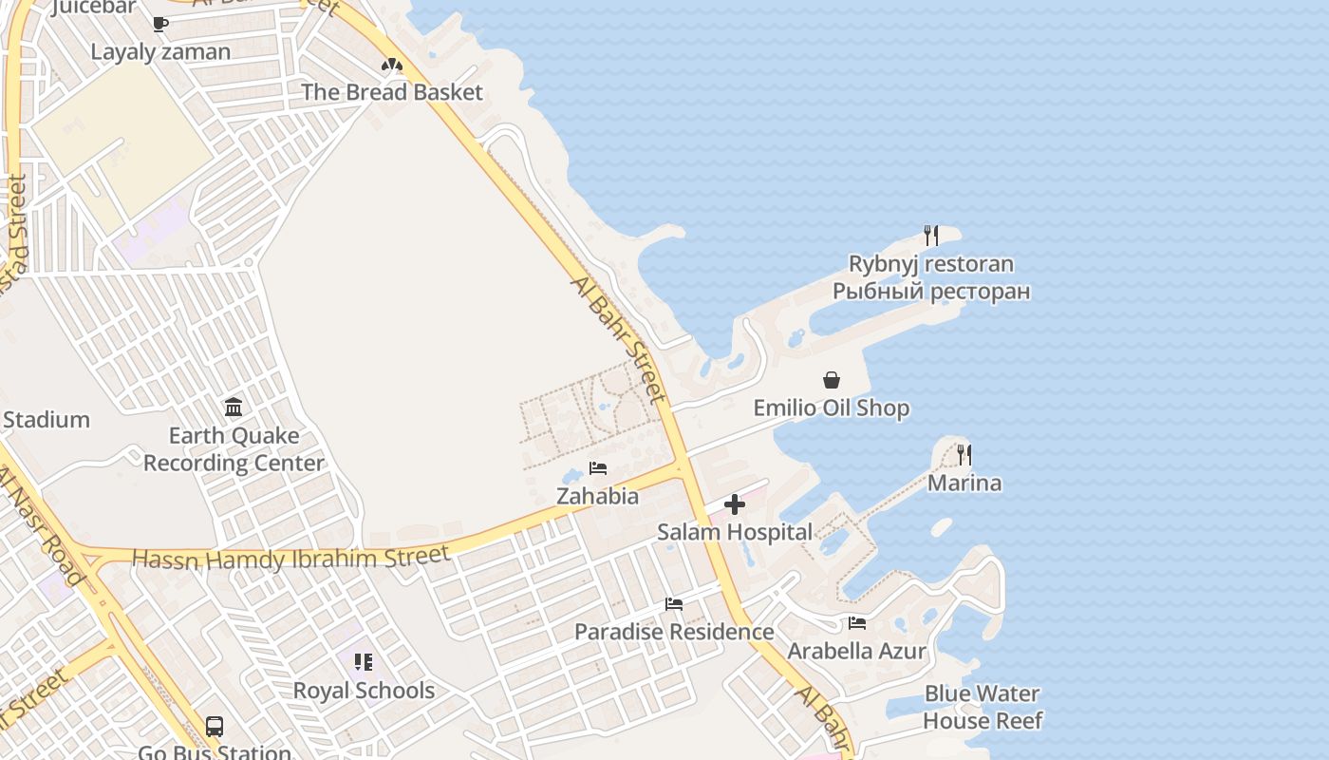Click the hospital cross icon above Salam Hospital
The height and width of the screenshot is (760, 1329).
pyautogui.click(x=735, y=505)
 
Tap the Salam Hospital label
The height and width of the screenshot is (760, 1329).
pyautogui.click(x=735, y=532)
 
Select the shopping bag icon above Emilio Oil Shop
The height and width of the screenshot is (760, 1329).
pyautogui.click(x=832, y=380)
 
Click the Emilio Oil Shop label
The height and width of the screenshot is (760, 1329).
pyautogui.click(x=832, y=408)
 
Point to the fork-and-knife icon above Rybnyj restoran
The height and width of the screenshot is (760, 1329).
pyautogui.click(x=931, y=235)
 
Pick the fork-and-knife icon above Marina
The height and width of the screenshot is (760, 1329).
pyautogui.click(x=964, y=454)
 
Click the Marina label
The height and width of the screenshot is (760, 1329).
pyautogui.click(x=964, y=483)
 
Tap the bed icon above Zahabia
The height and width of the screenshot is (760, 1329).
pyautogui.click(x=598, y=468)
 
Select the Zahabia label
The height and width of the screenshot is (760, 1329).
pyautogui.click(x=597, y=496)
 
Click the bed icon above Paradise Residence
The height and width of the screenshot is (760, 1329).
pyautogui.click(x=674, y=604)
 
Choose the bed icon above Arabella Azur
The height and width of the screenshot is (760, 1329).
pyautogui.click(x=857, y=623)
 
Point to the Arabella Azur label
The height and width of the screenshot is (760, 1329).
pyautogui.click(x=857, y=651)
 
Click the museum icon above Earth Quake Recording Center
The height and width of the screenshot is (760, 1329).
pyautogui.click(x=234, y=408)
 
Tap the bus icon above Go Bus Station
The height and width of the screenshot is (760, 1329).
pyautogui.click(x=215, y=727)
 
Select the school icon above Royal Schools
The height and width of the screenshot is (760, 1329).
pyautogui.click(x=364, y=662)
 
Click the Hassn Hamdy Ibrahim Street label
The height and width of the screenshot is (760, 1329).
pyautogui.click(x=290, y=558)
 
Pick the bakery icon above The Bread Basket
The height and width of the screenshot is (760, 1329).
pyautogui.click(x=392, y=65)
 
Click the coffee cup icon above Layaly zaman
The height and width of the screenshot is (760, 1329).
pyautogui.click(x=160, y=24)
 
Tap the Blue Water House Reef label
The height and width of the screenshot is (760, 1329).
pyautogui.click(x=983, y=708)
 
